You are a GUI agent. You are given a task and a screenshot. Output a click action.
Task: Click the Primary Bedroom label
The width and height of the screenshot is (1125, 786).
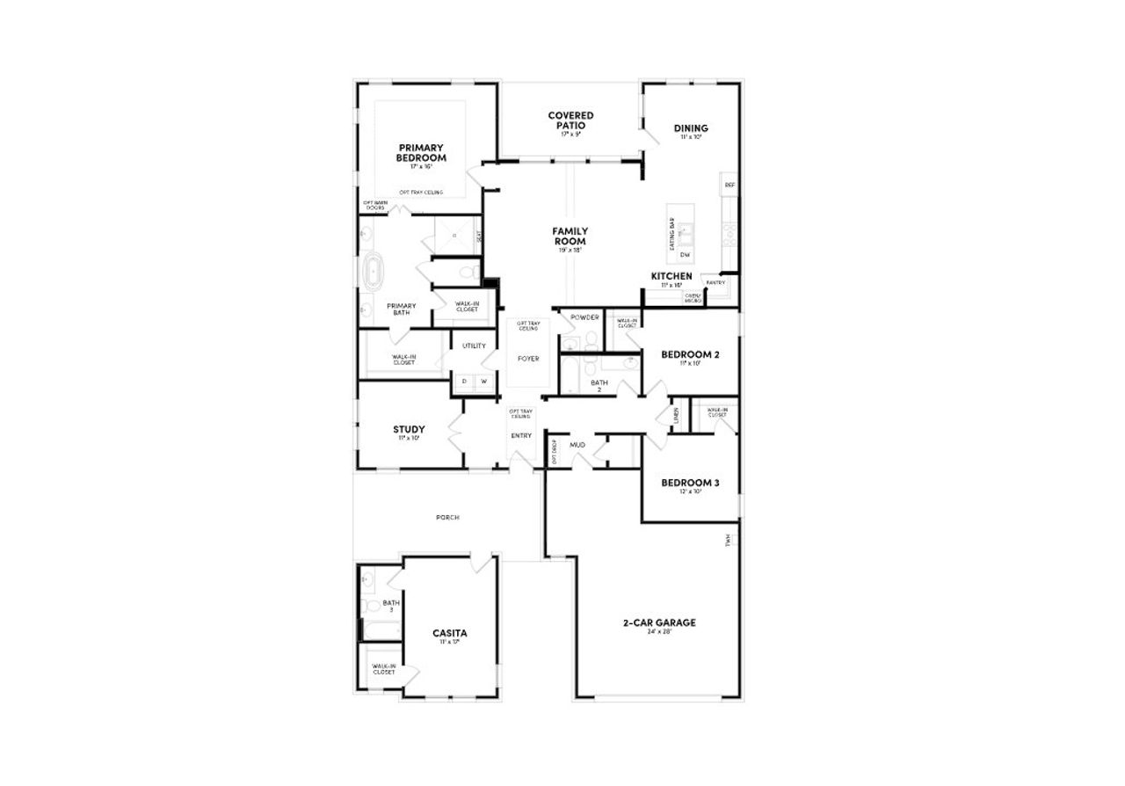(422, 153)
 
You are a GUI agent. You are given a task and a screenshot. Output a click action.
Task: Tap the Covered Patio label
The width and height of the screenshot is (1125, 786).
(570, 120)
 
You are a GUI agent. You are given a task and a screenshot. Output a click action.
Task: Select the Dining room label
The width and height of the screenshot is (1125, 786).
(691, 128)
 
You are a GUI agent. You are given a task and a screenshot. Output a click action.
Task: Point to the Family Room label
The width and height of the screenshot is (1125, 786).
(570, 236)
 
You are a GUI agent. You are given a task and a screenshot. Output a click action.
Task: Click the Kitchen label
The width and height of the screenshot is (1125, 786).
(671, 276)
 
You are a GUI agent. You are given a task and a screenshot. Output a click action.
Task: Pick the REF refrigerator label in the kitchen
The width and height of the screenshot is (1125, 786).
(729, 186)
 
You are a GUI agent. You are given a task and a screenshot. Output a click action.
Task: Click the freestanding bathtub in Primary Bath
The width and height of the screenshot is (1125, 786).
(374, 273)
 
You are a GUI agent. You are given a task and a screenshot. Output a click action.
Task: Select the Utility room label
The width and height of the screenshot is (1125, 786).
(474, 346)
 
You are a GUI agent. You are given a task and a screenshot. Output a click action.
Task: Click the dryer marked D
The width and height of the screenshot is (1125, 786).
(464, 381)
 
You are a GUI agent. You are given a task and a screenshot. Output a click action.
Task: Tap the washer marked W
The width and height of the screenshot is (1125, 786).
(483, 381)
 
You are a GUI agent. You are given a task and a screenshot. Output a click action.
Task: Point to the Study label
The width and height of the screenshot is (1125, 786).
(409, 430)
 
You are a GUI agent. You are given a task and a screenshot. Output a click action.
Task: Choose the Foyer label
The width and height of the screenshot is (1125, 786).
(528, 359)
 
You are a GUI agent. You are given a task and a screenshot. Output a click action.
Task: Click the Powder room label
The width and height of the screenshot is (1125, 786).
(584, 317)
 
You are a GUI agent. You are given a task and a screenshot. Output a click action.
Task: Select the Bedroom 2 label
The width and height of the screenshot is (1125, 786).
(690, 354)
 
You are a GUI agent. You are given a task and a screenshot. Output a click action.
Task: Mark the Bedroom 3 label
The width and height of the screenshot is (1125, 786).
(690, 483)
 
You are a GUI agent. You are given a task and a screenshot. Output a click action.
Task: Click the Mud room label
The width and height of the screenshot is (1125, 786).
(577, 445)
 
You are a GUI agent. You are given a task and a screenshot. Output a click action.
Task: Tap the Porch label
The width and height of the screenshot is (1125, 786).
(447, 517)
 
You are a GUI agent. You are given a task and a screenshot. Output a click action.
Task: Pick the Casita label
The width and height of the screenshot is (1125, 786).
(449, 633)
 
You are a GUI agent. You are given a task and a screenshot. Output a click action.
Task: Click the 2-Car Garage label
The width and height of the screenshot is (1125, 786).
(659, 622)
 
